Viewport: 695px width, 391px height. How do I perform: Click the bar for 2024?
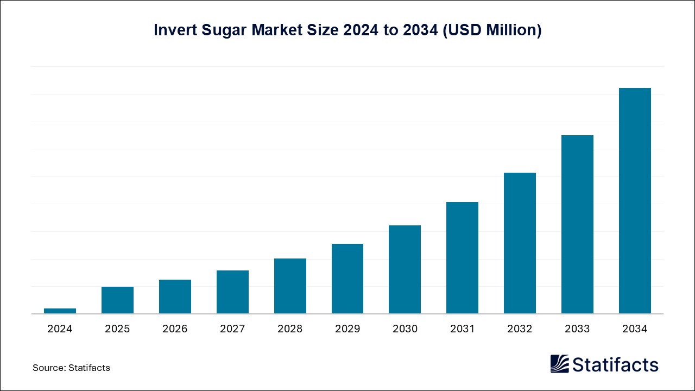click(60, 311)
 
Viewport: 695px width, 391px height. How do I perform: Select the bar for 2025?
click(117, 300)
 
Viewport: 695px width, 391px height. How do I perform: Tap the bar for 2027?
click(232, 292)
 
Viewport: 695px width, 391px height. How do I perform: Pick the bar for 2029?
click(347, 279)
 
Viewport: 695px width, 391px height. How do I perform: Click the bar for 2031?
click(462, 258)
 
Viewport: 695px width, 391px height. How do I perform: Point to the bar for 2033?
click(577, 224)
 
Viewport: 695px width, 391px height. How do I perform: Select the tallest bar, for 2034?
click(635, 201)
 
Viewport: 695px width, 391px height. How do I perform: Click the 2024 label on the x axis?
click(60, 329)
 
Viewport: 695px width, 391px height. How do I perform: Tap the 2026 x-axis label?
click(175, 329)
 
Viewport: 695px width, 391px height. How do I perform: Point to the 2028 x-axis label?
click(290, 329)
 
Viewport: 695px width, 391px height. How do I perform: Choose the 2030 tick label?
click(405, 329)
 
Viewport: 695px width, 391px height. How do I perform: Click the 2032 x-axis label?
click(520, 329)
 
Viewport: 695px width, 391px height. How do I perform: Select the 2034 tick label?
click(635, 329)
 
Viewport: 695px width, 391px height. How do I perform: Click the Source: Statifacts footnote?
click(71, 368)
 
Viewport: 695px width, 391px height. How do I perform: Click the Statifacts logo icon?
click(559, 364)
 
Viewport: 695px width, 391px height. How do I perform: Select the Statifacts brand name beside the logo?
click(615, 364)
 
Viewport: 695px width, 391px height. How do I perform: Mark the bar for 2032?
click(520, 243)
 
